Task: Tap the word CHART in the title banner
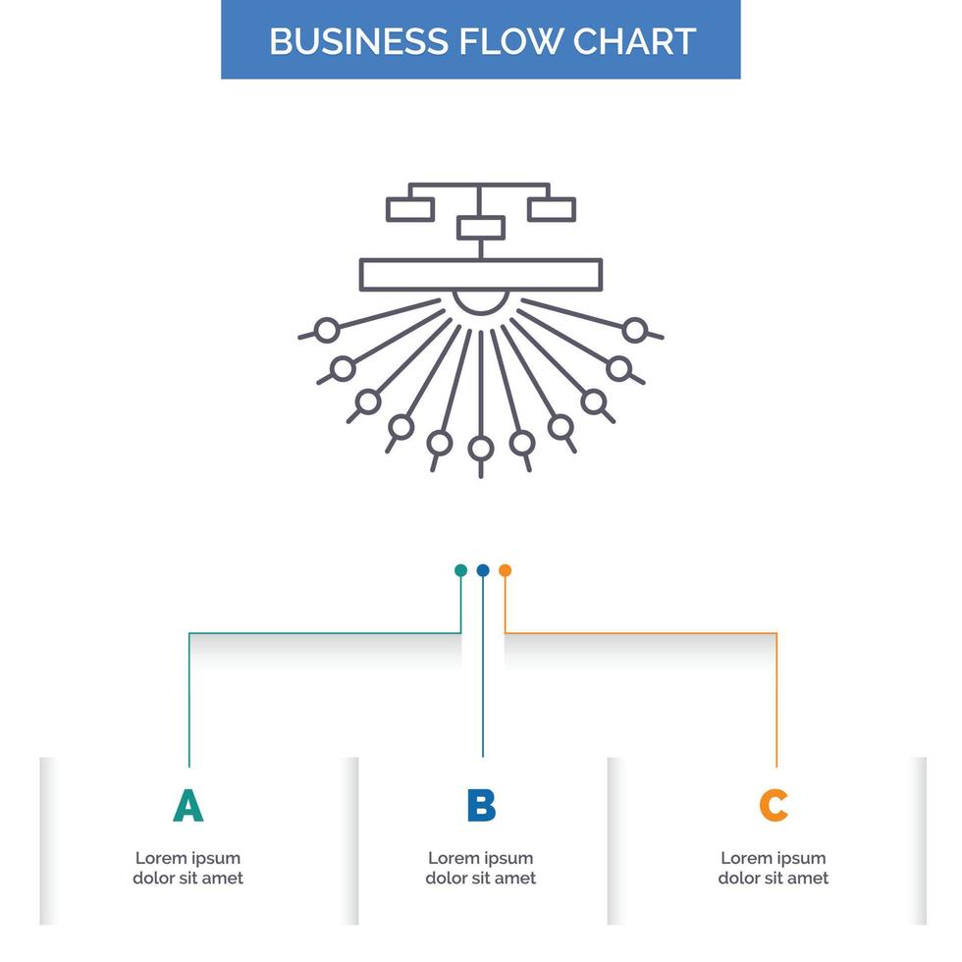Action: click(635, 40)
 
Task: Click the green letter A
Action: click(187, 805)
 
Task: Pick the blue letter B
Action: click(481, 805)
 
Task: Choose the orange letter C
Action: click(774, 805)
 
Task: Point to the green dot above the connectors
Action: click(460, 570)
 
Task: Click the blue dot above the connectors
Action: click(482, 570)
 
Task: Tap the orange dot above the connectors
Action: click(505, 570)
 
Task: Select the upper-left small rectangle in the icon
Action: click(410, 209)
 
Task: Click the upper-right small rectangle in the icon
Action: click(552, 209)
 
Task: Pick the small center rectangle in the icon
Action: click(481, 228)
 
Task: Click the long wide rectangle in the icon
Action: click(481, 274)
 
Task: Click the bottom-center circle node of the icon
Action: click(480, 449)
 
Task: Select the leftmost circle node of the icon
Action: click(327, 330)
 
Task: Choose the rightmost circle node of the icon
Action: click(635, 330)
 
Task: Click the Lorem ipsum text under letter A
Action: click(187, 868)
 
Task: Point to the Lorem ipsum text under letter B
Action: click(481, 868)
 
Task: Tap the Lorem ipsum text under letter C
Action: click(774, 868)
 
